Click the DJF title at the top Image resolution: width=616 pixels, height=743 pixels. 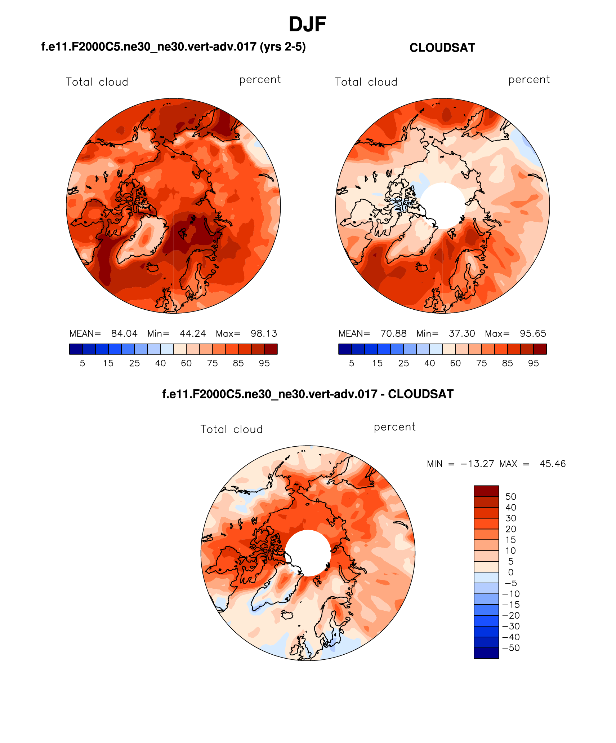click(307, 25)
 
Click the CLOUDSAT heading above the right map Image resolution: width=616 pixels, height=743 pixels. click(442, 48)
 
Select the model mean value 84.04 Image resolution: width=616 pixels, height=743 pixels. click(124, 333)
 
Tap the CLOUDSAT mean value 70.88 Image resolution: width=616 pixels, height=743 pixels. click(393, 333)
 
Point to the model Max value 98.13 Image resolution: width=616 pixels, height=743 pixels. click(264, 333)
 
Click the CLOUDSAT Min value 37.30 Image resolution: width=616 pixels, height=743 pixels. click(462, 333)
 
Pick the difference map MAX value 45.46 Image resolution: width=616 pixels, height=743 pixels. click(553, 464)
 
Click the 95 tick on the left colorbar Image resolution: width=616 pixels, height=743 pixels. click(264, 363)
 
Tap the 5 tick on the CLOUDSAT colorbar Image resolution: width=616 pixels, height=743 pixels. click(352, 363)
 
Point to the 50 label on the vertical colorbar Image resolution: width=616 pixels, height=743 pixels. click(510, 497)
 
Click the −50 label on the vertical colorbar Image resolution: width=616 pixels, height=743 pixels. click(511, 648)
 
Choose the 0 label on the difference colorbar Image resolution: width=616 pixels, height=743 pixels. click(510, 572)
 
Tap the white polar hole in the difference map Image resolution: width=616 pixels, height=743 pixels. click(308, 553)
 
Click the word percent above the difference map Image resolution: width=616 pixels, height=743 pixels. click(394, 427)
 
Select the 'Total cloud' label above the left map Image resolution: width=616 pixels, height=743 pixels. click(97, 82)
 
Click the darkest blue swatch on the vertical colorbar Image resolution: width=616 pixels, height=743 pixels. click(486, 653)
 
